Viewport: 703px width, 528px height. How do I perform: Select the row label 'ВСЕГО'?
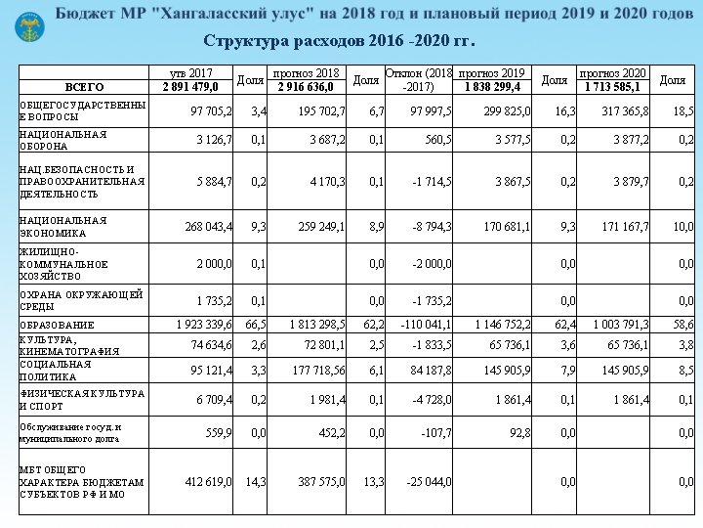(84, 88)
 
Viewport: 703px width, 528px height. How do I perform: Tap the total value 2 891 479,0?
(190, 87)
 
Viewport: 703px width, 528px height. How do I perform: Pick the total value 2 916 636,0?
(307, 87)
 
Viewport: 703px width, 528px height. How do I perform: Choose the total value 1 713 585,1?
(612, 87)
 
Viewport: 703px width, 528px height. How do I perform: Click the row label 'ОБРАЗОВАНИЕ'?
(58, 325)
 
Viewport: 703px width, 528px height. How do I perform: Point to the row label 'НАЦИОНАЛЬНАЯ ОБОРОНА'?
(63, 140)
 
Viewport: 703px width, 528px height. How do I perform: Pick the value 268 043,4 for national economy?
(209, 227)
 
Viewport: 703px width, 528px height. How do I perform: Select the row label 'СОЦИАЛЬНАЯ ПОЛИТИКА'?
(56, 369)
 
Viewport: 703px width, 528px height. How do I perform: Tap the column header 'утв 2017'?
(190, 73)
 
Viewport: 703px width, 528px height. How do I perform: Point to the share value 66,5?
(256, 324)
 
